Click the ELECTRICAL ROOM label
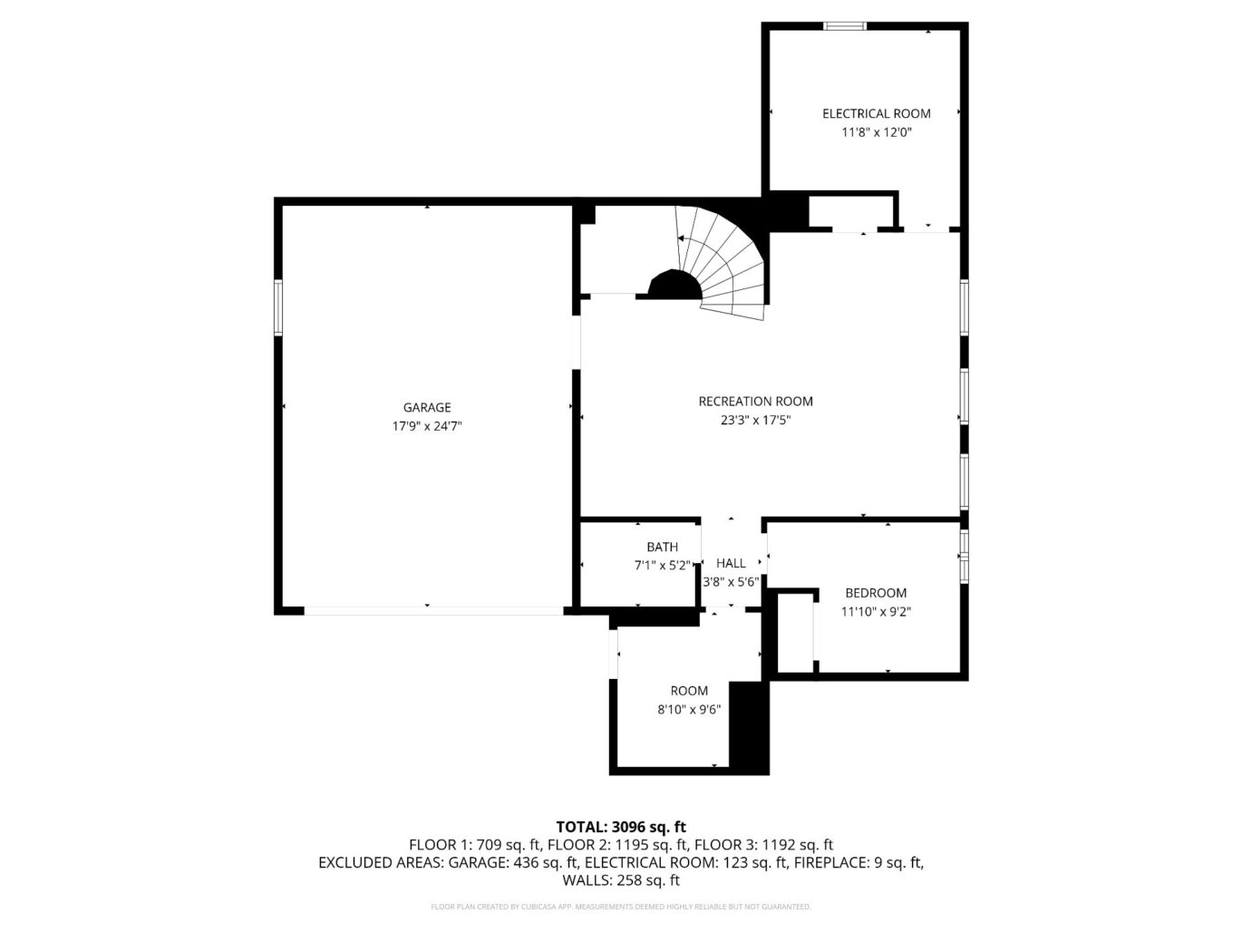point(876,113)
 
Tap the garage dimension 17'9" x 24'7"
point(427,426)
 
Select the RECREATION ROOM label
point(755,401)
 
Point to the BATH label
point(662,547)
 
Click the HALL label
point(731,563)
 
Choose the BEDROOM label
point(875,593)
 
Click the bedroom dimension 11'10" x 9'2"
point(875,612)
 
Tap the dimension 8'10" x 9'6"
point(689,710)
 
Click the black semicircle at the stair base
point(674,286)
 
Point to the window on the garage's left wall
point(278,308)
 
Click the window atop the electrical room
point(844,26)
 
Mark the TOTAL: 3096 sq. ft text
point(620,826)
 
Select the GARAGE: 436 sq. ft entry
point(513,862)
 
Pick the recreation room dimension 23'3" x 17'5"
point(755,420)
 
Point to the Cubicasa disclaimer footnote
point(620,907)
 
